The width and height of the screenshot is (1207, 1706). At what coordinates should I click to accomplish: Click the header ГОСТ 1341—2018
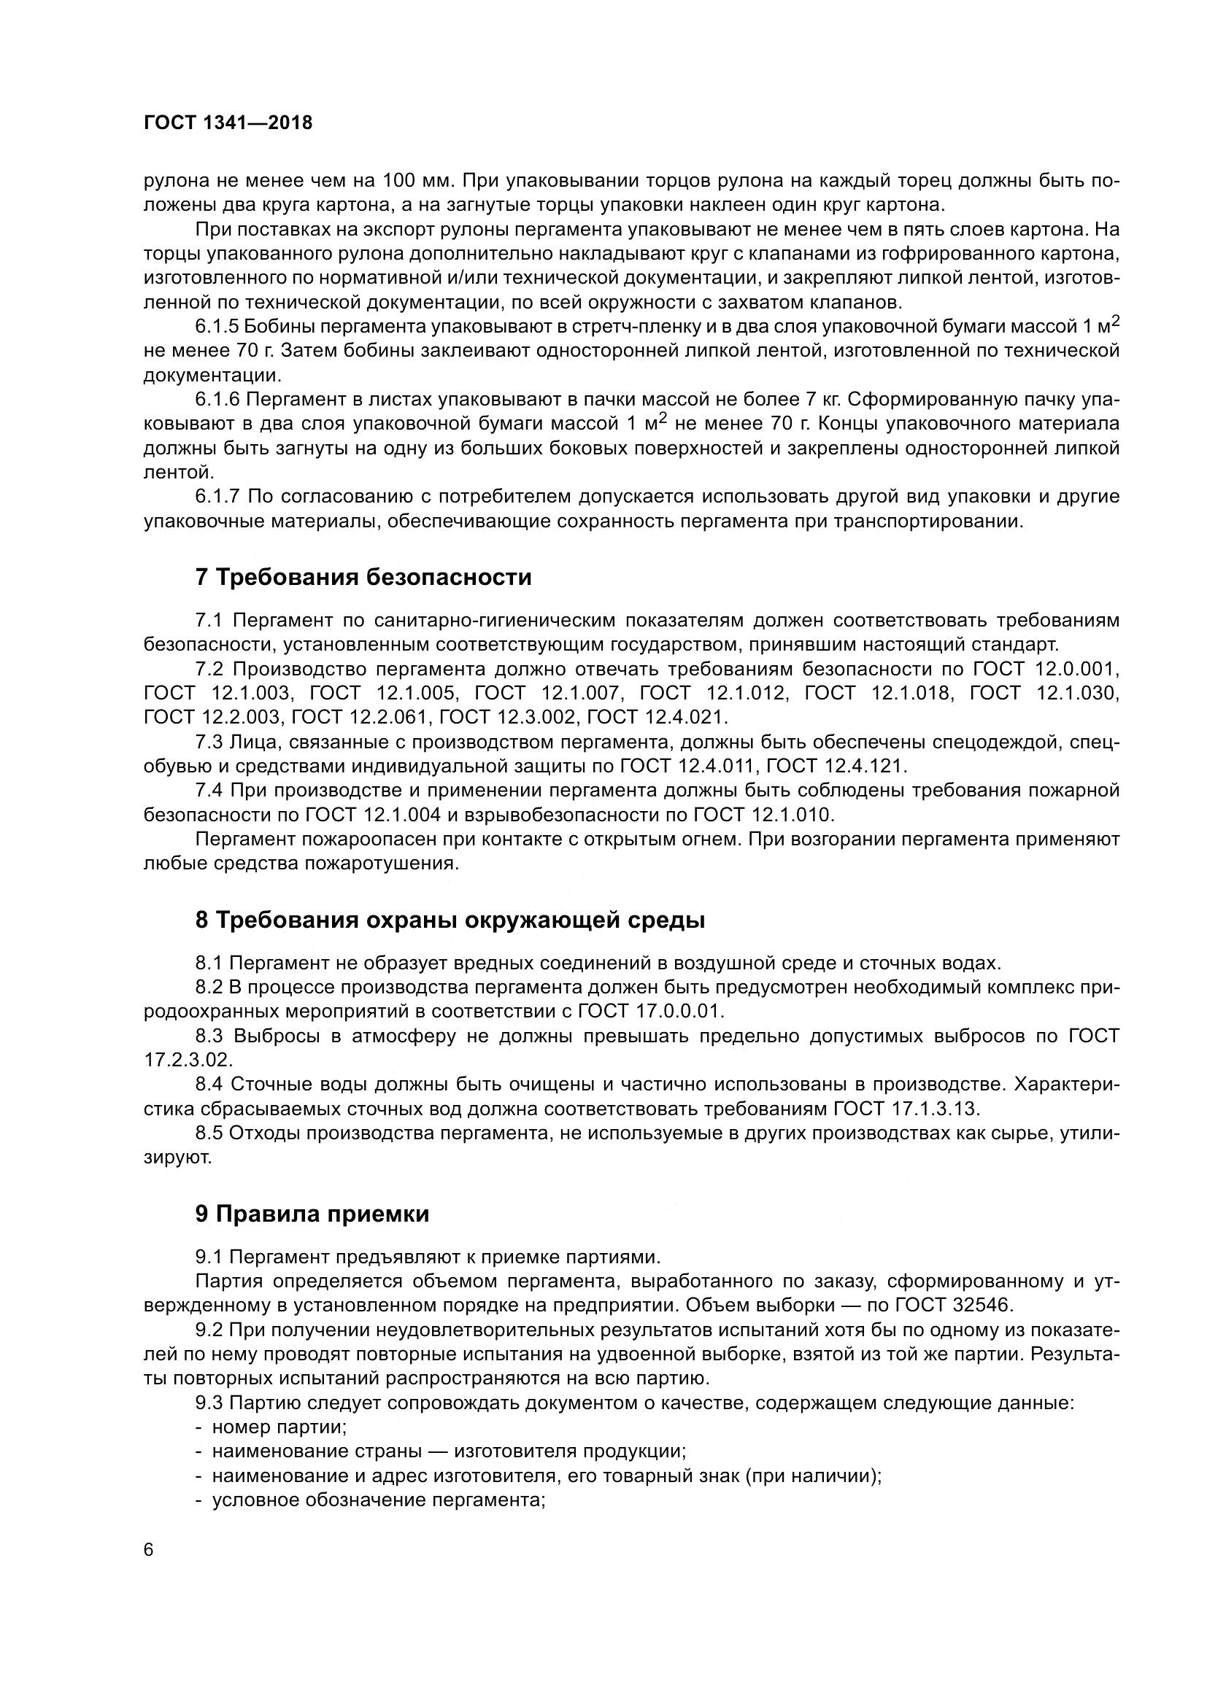pos(228,123)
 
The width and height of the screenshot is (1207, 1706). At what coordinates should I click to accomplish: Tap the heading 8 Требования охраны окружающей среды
pos(450,920)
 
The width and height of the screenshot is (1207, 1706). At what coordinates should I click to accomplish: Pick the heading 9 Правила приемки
pos(312,1214)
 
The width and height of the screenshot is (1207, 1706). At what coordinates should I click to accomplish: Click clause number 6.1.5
pos(216,326)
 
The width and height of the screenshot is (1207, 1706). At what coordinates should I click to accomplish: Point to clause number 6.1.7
pos(216,497)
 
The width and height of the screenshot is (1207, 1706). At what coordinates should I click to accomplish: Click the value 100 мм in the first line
pos(417,181)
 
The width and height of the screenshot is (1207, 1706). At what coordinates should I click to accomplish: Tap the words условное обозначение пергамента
pos(378,1500)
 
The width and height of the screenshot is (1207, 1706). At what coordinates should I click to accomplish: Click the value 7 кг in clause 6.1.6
pos(822,400)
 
